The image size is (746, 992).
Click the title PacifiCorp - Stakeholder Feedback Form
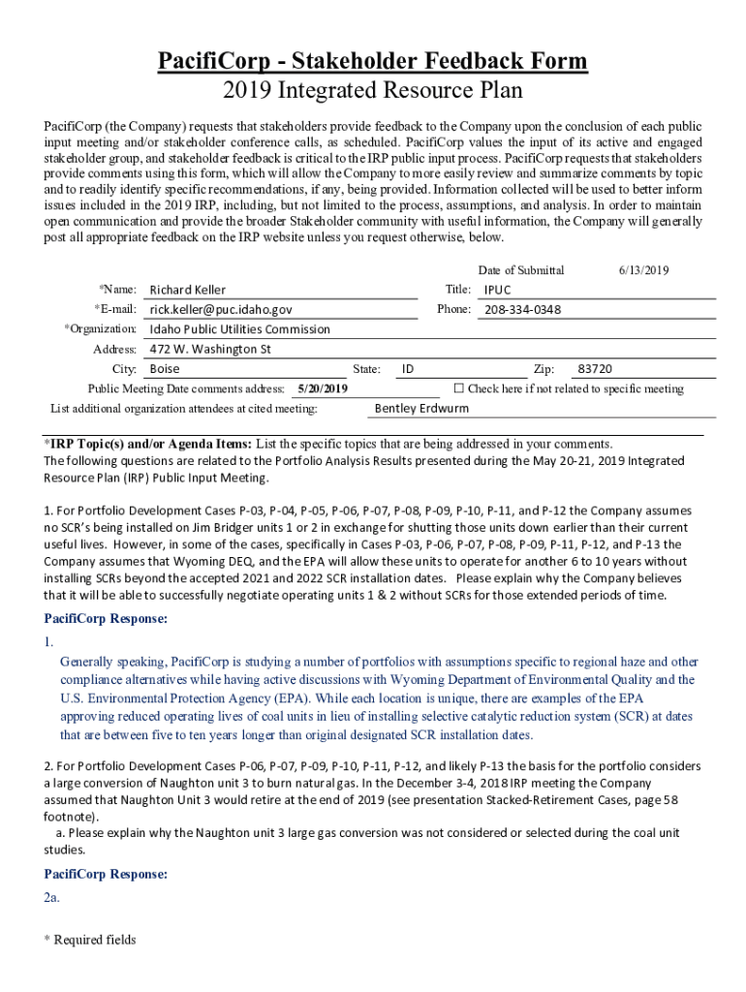373,62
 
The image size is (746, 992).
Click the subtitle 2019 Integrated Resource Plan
373,91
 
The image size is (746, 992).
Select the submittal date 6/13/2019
643,270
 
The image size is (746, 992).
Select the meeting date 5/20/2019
323,388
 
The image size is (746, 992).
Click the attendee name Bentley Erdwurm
421,408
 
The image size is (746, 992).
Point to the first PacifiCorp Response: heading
106,618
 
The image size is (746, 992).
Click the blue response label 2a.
51,898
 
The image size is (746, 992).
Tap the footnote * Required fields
89,940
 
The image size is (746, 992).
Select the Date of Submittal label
521,270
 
